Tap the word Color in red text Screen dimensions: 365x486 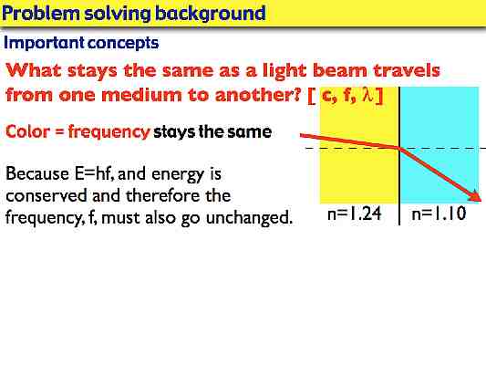pyautogui.click(x=26, y=131)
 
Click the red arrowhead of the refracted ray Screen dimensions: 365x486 pyautogui.click(x=473, y=196)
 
